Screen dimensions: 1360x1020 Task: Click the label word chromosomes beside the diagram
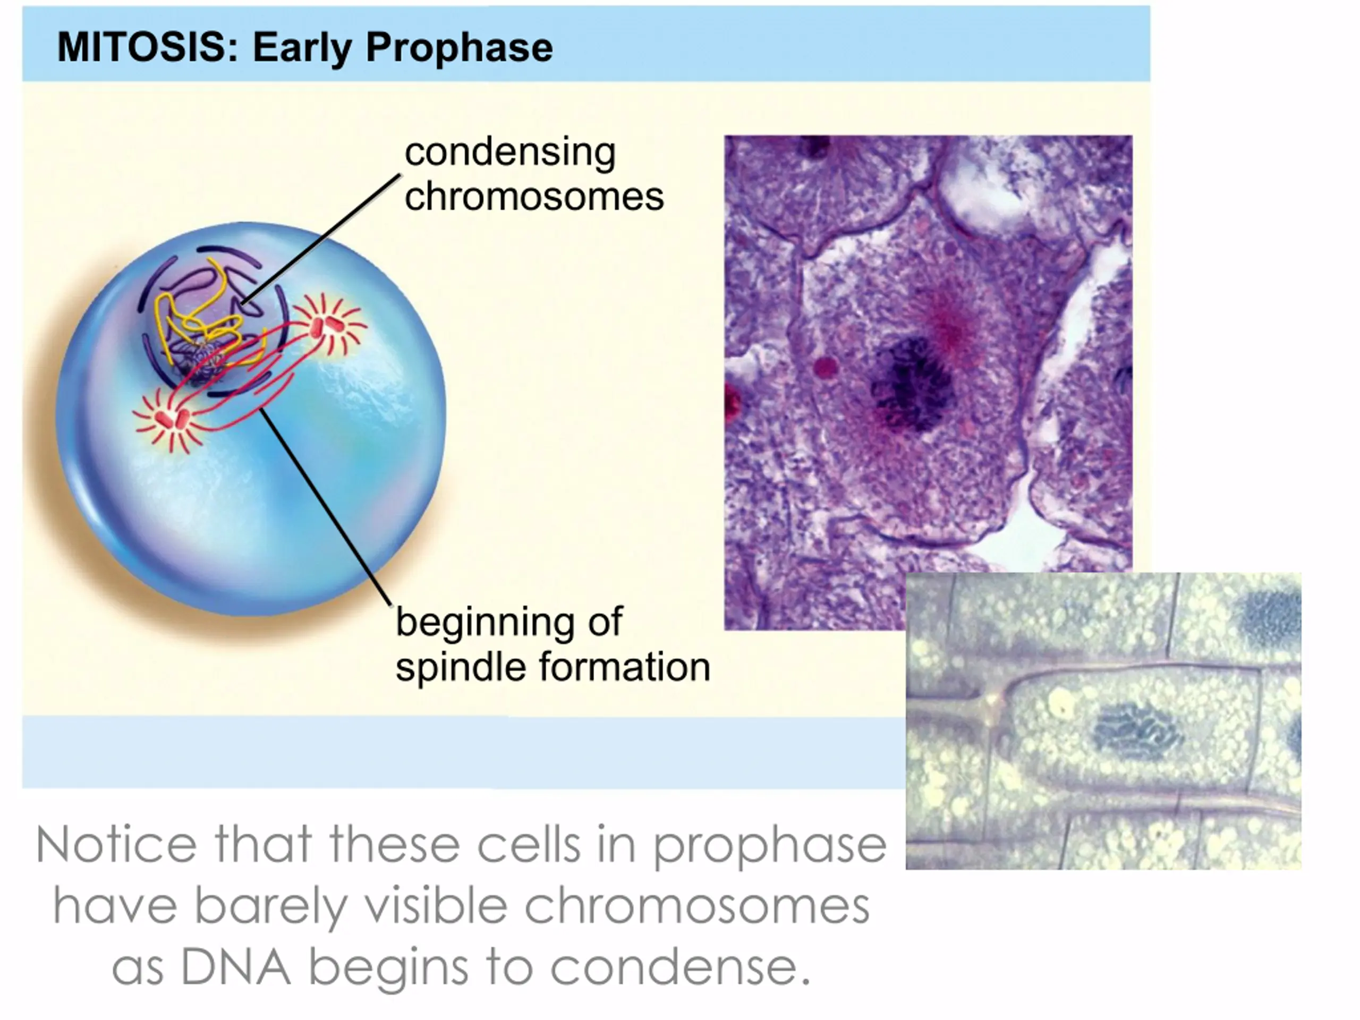click(534, 197)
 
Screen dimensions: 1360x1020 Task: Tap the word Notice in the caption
click(116, 845)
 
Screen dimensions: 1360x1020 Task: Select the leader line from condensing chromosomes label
click(320, 240)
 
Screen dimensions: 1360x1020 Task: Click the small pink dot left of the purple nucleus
click(826, 368)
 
